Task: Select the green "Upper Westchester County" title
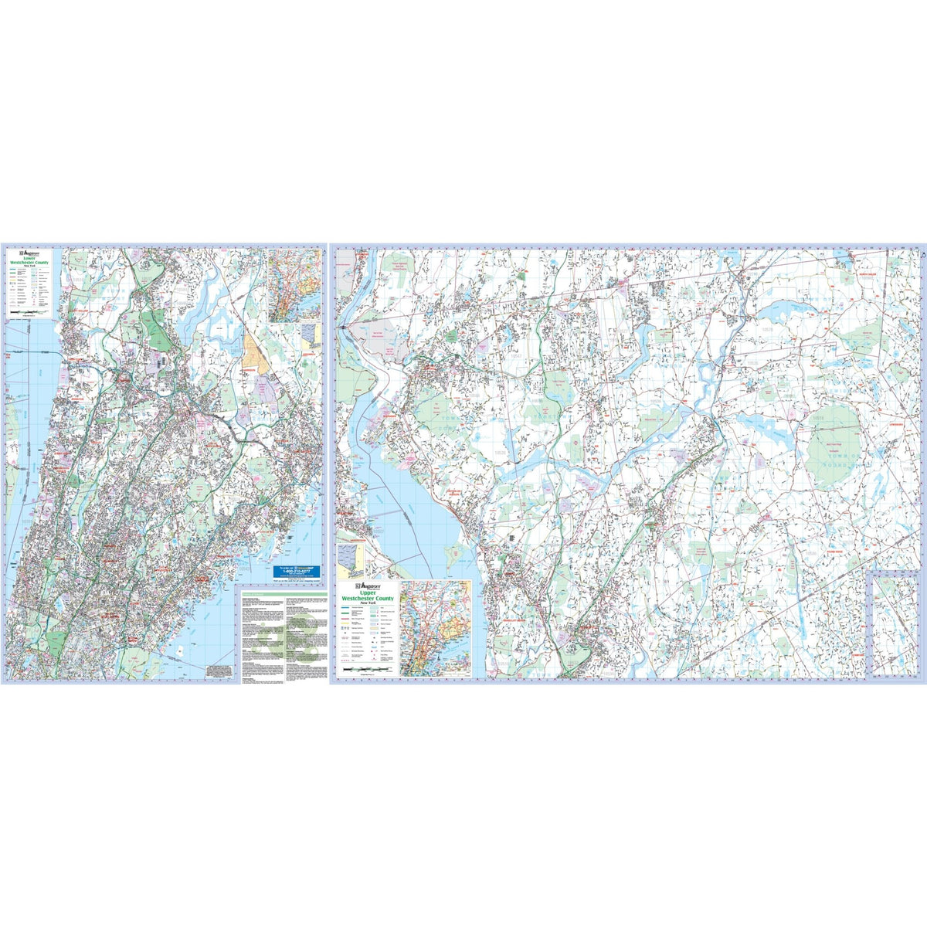tap(365, 599)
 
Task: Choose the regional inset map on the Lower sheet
tap(294, 285)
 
